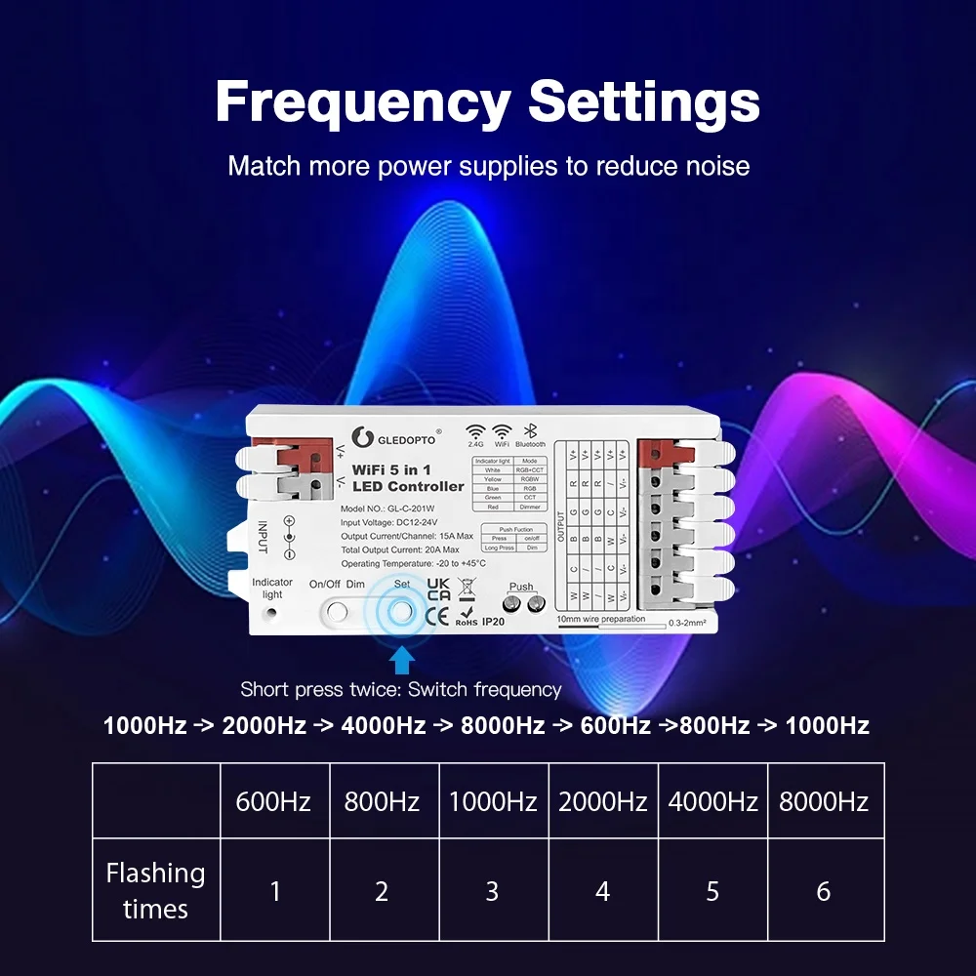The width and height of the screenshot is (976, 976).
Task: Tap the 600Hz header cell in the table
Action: pos(273,802)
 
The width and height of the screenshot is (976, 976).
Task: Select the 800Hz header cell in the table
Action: pos(382,802)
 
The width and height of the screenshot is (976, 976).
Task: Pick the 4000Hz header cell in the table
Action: pos(712,802)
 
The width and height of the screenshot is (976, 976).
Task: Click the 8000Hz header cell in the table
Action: pos(823,802)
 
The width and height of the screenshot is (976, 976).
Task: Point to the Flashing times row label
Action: pos(155,890)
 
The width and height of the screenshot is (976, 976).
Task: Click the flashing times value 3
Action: pos(492,891)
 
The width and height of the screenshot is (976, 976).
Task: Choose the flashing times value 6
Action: pos(823,891)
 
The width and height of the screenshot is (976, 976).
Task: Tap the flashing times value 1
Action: pos(274,891)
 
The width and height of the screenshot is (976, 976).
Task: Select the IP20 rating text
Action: pos(494,621)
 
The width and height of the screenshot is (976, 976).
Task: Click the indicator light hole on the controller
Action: pos(271,613)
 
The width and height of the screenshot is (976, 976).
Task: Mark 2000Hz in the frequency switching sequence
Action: pos(264,726)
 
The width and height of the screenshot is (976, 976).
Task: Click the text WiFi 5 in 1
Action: pos(392,470)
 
